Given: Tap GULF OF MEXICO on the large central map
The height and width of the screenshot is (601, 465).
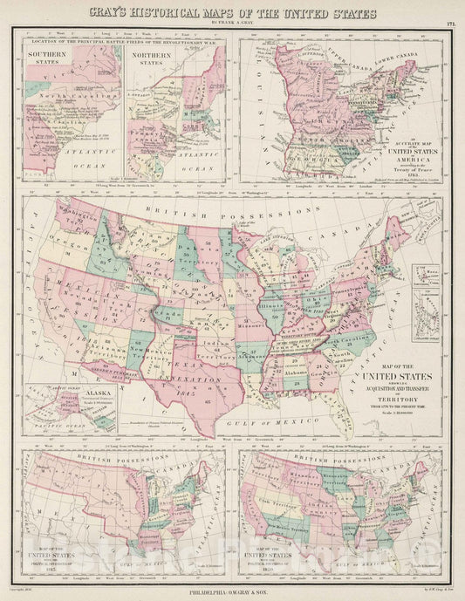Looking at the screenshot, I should pos(288,417).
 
